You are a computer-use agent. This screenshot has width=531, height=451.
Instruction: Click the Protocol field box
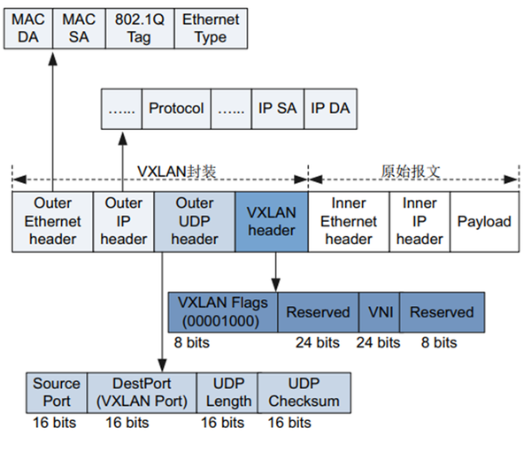[x=176, y=109]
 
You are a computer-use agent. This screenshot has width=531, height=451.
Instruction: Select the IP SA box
[x=276, y=109]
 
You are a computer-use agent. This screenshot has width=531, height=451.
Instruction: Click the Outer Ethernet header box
[x=53, y=221]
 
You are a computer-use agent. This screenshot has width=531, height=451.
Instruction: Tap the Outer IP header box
[x=123, y=221]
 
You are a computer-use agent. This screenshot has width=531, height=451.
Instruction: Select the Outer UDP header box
[x=194, y=221]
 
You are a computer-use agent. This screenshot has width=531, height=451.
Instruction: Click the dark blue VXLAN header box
[x=271, y=221]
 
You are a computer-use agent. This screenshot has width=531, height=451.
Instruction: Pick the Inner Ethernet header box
[x=348, y=221]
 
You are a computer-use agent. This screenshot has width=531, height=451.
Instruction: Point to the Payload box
[x=484, y=221]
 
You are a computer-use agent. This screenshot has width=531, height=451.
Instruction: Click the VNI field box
[x=379, y=312]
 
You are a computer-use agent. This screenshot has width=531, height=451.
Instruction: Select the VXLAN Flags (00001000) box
[x=222, y=312]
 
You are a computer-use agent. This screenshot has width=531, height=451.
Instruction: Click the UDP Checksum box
[x=304, y=393]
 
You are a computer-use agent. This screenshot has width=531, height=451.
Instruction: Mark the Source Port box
[x=56, y=393]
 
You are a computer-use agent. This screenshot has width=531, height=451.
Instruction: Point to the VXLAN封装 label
[x=168, y=172]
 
